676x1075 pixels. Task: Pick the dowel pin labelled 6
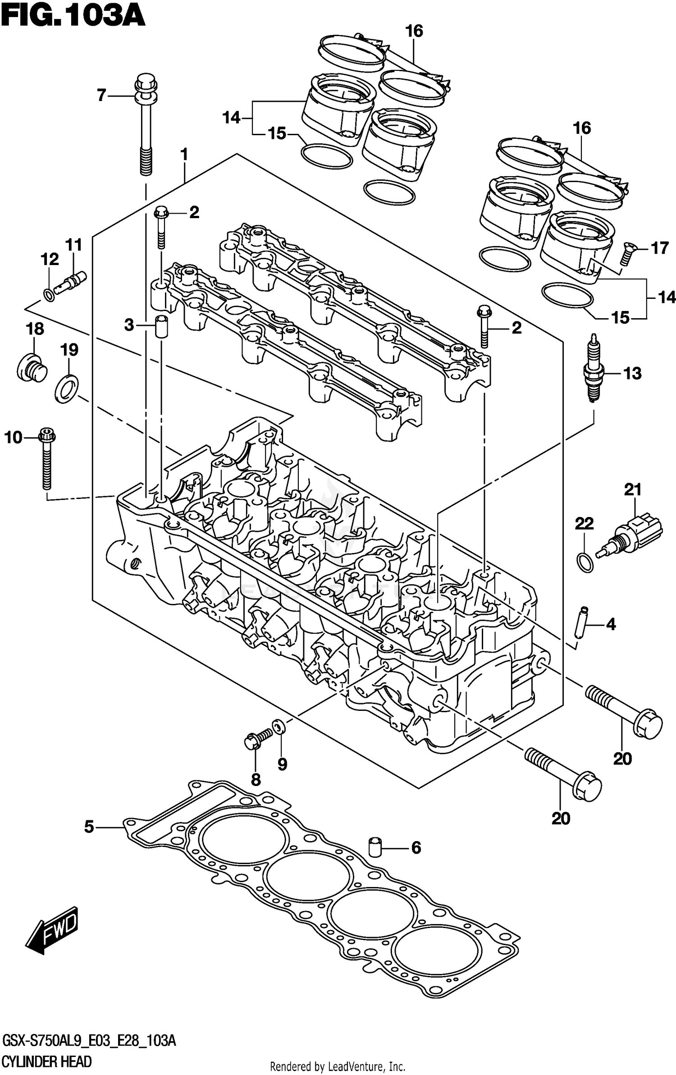coord(375,847)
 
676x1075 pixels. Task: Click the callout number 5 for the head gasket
coord(89,827)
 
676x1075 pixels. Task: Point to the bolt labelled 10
coord(46,460)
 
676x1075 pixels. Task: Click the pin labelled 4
coord(582,622)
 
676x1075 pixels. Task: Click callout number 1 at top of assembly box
coord(184,155)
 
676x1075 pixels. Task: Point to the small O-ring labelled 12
coord(49,295)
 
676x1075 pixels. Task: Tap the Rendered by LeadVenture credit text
coord(337,1066)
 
